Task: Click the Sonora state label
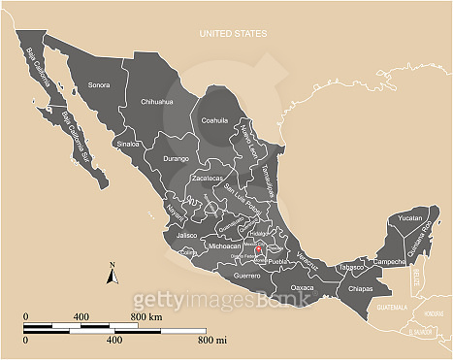coord(99,84)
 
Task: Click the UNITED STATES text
coord(233,34)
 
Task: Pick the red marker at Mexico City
coord(260,251)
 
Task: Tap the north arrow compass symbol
coord(113,275)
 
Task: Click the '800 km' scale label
coord(146,317)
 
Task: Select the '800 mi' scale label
coord(212,341)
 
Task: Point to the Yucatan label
coord(411,219)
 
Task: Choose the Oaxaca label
coord(303,287)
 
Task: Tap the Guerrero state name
coord(247,277)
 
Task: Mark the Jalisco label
coord(187,235)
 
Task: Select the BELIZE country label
coord(416,277)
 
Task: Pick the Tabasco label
coord(350,268)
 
